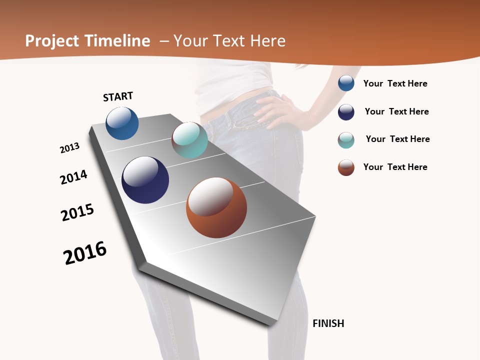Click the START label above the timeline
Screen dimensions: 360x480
[x=118, y=96]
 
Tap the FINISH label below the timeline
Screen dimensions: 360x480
[x=328, y=323]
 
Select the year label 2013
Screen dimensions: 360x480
[x=69, y=148]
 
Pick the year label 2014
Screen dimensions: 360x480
[x=73, y=177]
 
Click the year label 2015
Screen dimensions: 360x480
[x=77, y=212]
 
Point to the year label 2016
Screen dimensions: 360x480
[x=85, y=252]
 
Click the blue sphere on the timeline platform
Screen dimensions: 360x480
[x=122, y=123]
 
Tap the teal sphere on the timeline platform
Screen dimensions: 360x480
[x=189, y=139]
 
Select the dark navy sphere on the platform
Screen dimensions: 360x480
[x=145, y=179]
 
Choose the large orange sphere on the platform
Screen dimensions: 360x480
[x=216, y=207]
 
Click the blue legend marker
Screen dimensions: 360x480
[x=346, y=83]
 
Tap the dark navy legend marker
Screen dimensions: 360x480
[x=346, y=112]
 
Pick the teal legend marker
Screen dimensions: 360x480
[x=346, y=140]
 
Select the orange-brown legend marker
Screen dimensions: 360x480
[x=346, y=167]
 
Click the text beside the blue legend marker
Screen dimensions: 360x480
[x=395, y=83]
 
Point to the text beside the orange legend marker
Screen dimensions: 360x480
[x=395, y=167]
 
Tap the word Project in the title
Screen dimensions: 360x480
[x=52, y=41]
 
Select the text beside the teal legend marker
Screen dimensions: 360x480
[x=397, y=139]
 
